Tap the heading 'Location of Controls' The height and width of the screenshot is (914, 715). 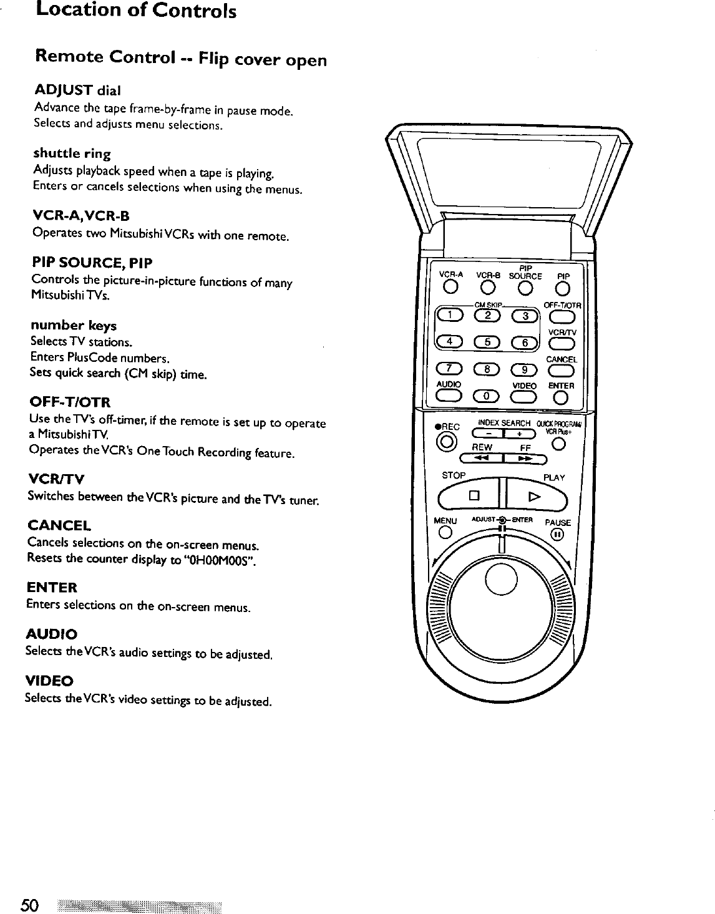tap(136, 11)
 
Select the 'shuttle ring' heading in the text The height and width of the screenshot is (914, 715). tap(72, 153)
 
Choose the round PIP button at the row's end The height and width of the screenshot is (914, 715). tap(563, 288)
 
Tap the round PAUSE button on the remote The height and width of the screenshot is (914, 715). tap(557, 535)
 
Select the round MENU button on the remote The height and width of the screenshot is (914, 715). tap(445, 533)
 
